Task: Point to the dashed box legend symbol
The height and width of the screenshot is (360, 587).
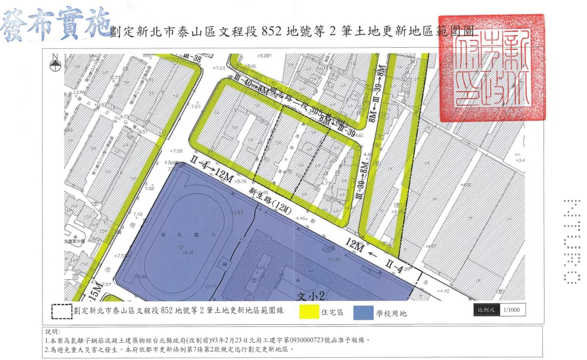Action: [x=61, y=311]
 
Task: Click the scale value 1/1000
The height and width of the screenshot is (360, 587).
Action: [x=511, y=310]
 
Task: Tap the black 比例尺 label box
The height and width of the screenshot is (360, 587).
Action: [x=486, y=310]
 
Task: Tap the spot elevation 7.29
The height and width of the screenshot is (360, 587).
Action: [x=196, y=107]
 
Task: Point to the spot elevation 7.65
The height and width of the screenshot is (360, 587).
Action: [x=219, y=68]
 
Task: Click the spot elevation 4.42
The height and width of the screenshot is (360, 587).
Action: [x=443, y=291]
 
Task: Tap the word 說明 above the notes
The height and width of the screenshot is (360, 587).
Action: [x=52, y=332]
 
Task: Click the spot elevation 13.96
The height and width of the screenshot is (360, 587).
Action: [x=79, y=92]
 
